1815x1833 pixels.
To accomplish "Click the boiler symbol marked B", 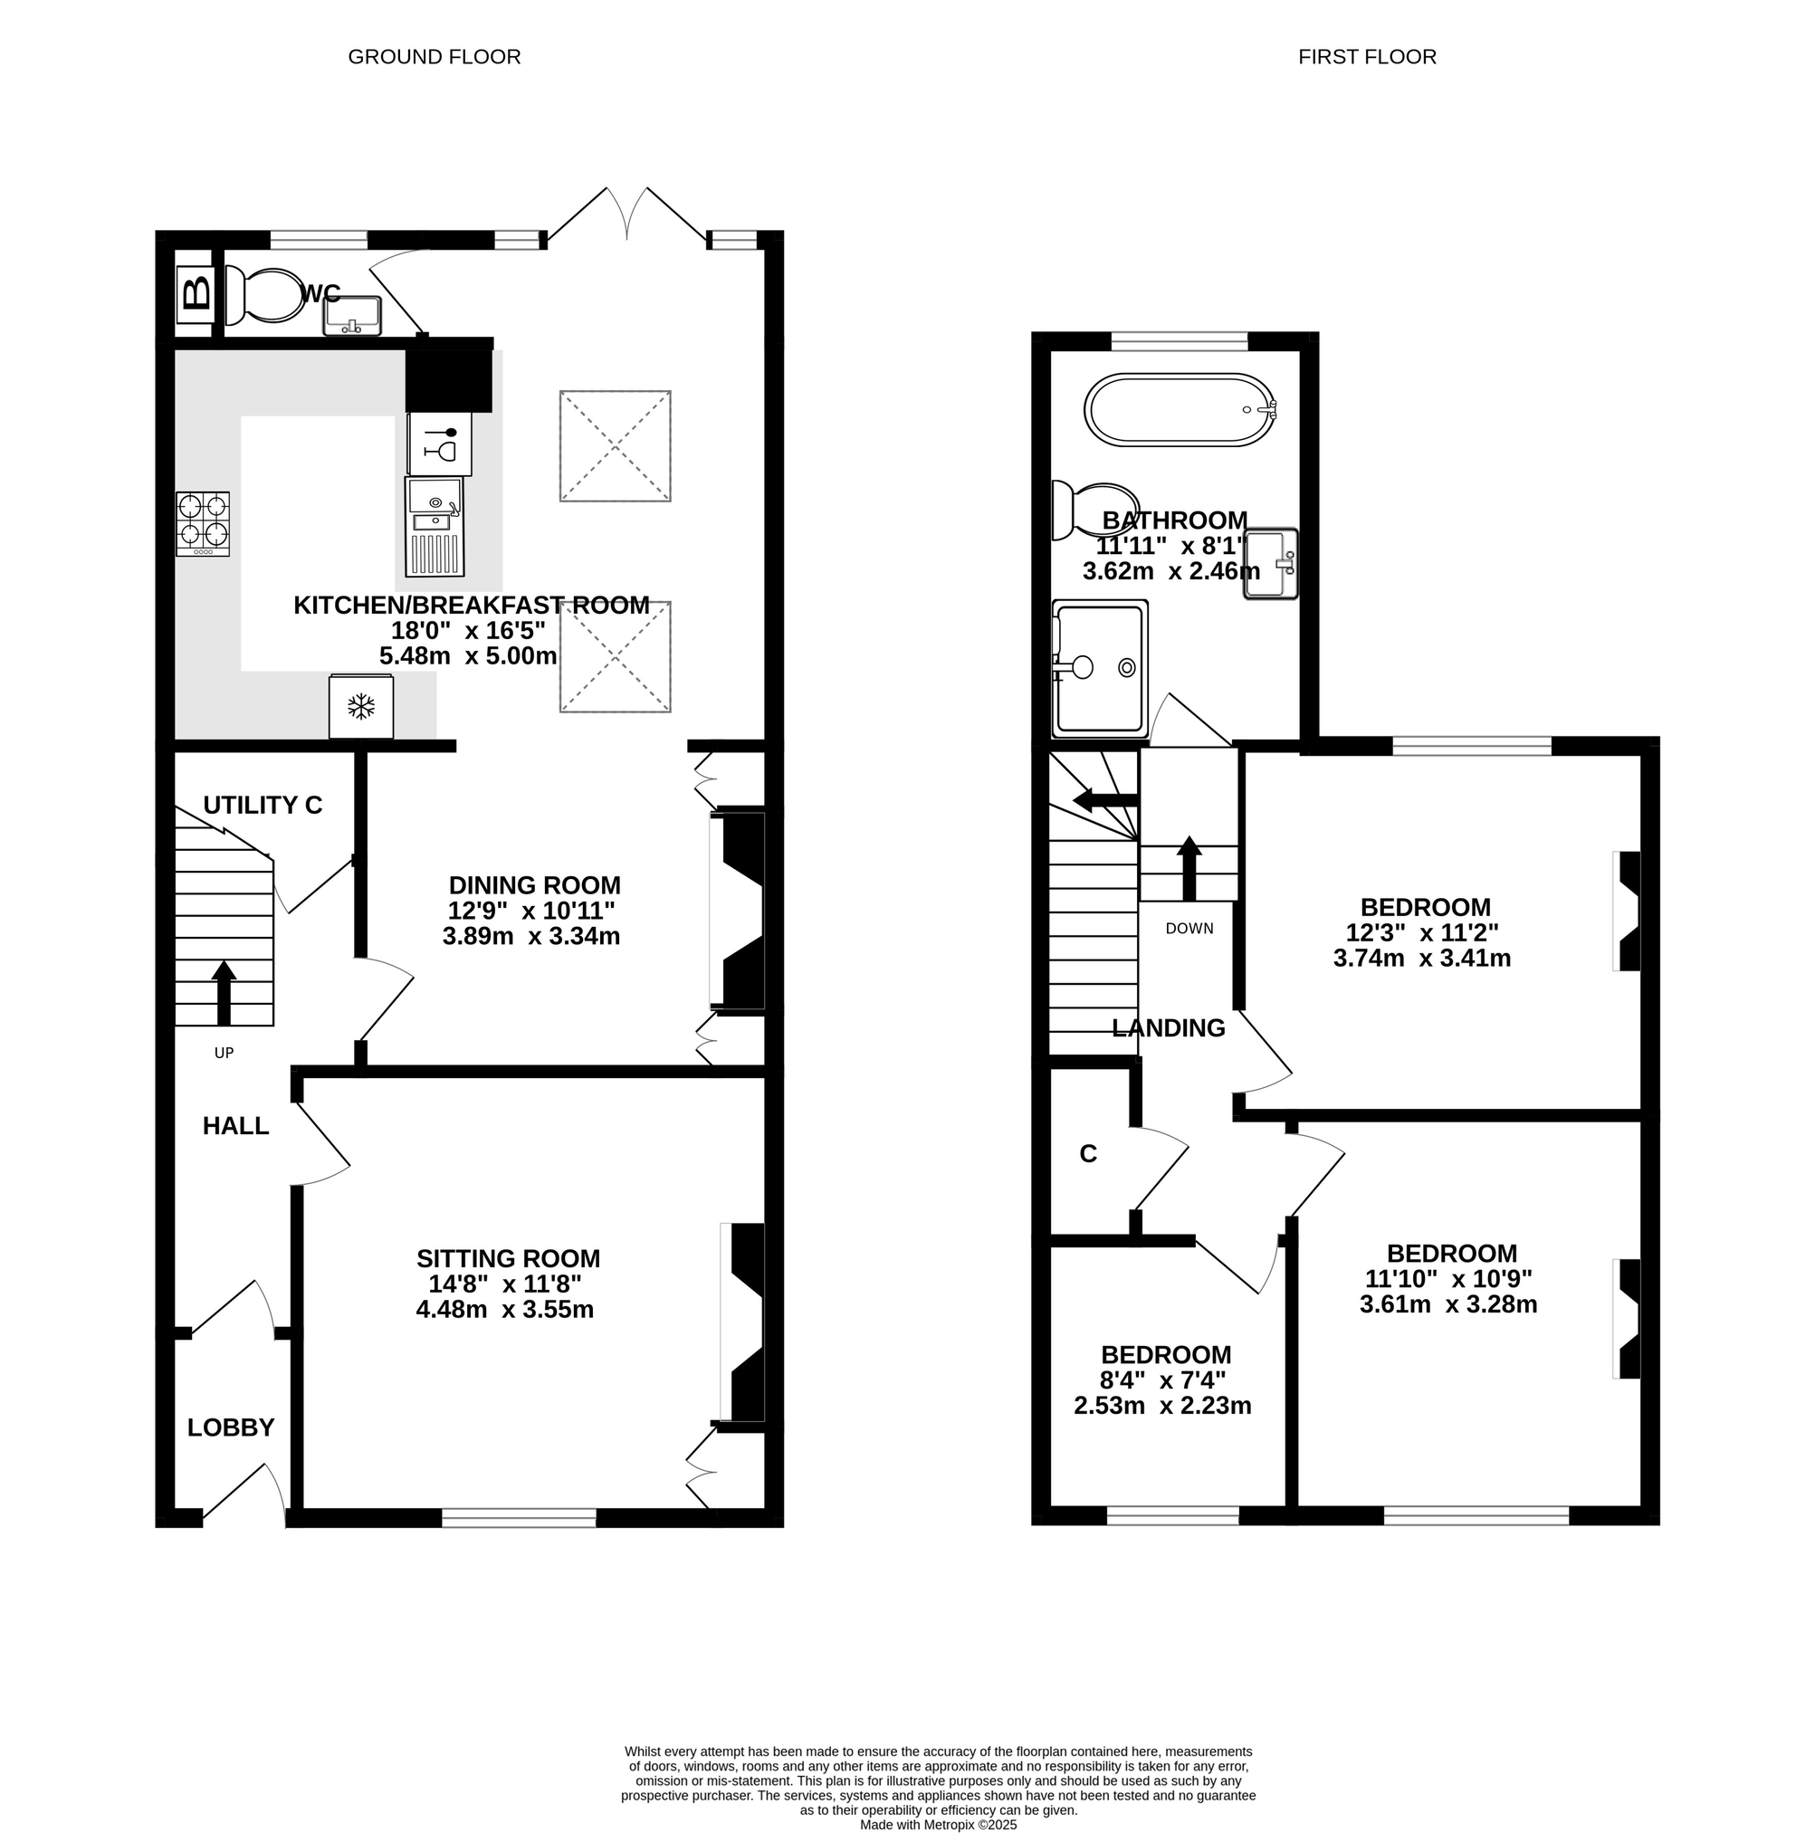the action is click(196, 293).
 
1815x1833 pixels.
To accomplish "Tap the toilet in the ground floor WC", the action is click(261, 295).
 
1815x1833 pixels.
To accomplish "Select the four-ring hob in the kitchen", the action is click(202, 523).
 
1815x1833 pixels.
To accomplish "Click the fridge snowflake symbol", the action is click(360, 706).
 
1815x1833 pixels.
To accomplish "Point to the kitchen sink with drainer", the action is click(435, 527).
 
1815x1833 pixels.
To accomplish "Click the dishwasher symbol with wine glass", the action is click(439, 443).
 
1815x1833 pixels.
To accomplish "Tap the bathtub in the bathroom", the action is click(1180, 410).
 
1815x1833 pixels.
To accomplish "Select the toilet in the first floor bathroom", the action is click(1096, 510).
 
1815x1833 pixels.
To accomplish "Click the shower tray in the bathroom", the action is click(1100, 668).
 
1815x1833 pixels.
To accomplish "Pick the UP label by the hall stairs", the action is click(224, 1052).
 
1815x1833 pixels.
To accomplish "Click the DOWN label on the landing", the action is click(1189, 928).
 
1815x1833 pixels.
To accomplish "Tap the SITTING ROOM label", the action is click(508, 1258).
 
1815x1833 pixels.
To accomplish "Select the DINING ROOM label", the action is click(534, 885).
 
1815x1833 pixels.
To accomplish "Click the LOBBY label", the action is click(231, 1427).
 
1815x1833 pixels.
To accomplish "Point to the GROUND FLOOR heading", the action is click(435, 57).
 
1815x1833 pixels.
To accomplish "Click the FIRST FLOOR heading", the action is click(1367, 57).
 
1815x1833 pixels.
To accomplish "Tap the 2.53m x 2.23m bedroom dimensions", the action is click(1162, 1405).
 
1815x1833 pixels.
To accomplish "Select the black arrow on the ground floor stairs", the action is click(224, 992).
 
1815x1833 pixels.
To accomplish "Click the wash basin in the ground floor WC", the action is click(351, 315).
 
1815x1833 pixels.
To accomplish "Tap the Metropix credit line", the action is click(939, 1825).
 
